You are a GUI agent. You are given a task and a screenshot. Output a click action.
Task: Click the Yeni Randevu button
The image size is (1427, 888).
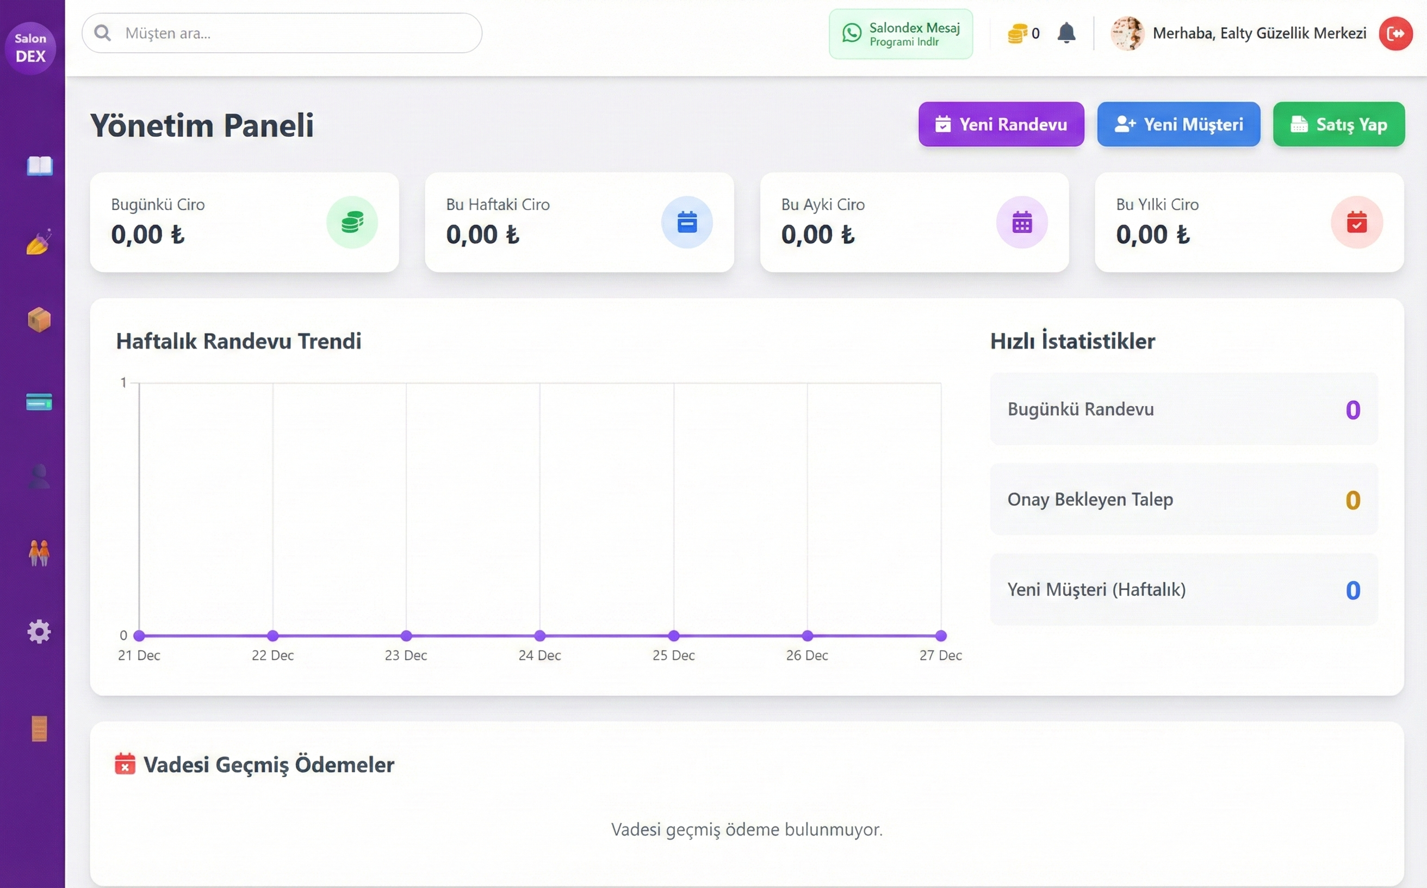point(1001,124)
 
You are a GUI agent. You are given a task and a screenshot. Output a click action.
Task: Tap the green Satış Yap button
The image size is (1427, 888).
point(1338,124)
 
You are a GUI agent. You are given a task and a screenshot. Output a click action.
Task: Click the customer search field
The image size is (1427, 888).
point(282,33)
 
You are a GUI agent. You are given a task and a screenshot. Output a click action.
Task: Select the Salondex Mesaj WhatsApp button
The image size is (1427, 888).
point(901,34)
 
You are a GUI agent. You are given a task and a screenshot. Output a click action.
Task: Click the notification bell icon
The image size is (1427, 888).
point(1066,33)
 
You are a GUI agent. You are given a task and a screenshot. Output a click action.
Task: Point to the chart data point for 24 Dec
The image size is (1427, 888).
point(540,636)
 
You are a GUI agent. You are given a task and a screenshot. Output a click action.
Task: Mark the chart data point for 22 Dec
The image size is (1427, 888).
point(272,636)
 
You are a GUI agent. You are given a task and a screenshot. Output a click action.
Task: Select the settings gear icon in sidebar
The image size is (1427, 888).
point(39,632)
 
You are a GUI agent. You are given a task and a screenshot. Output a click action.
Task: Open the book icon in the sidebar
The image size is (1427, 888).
point(39,166)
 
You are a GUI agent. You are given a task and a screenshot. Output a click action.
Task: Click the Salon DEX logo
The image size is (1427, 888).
point(30,47)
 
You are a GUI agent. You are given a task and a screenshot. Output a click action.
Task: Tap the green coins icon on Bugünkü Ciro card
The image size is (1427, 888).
point(352,223)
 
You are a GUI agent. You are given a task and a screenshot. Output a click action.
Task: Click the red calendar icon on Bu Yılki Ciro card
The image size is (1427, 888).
point(1356,223)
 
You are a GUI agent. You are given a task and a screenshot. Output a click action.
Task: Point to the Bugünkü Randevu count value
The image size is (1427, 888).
point(1352,410)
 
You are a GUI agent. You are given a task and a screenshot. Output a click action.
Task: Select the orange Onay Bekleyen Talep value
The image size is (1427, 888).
point(1352,501)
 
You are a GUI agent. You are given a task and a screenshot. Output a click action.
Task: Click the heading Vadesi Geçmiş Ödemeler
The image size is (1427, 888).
point(269,764)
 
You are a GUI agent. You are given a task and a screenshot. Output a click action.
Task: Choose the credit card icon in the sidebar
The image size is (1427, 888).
point(39,402)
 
